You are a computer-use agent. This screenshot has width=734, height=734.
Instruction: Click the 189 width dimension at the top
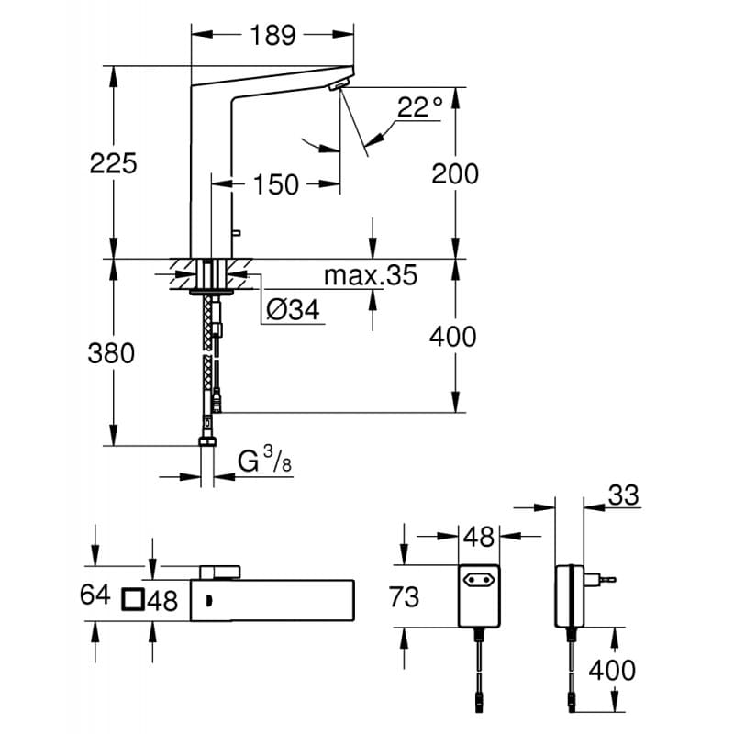pos(272,35)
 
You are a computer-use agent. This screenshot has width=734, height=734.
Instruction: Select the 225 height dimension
pos(113,163)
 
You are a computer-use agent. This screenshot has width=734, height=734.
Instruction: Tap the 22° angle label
pos(419,107)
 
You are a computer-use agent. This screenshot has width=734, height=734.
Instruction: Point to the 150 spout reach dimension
pos(276,184)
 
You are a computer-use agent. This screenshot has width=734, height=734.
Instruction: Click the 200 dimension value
pos(454,173)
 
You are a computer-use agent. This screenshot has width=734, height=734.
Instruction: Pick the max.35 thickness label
pos(370,274)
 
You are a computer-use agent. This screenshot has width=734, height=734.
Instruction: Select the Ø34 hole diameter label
pos(292,311)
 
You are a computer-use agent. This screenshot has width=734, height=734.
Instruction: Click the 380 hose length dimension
pos(111,352)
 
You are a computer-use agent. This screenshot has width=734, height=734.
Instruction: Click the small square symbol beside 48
pos(132,601)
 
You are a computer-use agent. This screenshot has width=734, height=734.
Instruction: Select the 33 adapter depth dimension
pos(621,495)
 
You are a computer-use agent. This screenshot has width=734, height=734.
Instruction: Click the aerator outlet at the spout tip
pos(339,87)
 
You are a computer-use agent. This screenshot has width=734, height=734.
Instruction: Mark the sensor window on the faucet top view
pos(209,601)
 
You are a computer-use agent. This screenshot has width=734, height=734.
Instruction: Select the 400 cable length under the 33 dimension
pos(612,670)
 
